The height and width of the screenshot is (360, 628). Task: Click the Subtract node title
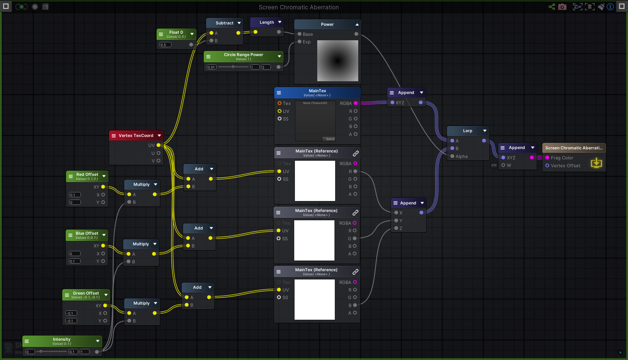coord(224,23)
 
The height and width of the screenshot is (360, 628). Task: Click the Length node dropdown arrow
coord(280,22)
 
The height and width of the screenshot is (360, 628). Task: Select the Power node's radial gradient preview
coord(337,61)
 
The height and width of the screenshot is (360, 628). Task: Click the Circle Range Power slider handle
coord(233,67)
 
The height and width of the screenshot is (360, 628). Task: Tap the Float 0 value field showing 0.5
coord(165,45)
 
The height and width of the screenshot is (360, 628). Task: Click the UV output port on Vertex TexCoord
coord(158,145)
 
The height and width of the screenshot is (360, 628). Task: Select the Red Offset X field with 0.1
coord(75,195)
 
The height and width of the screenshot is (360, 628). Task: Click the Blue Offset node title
coord(87,233)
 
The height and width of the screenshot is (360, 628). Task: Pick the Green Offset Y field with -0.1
coord(71,321)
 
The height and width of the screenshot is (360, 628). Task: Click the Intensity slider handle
coord(41,351)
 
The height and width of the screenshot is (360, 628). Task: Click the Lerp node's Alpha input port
coord(452,156)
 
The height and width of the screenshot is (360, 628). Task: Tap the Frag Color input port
coord(547,158)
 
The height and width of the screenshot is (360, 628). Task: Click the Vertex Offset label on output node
coord(565,166)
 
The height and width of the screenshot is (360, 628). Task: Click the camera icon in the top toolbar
coord(562,7)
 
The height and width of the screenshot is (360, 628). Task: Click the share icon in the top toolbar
coord(552,7)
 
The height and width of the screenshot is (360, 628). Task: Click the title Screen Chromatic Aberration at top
coord(298,7)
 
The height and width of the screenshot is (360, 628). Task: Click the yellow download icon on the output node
coord(596,163)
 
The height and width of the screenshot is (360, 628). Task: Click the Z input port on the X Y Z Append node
coord(396,228)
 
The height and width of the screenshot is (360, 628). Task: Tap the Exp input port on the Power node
coord(299,42)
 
